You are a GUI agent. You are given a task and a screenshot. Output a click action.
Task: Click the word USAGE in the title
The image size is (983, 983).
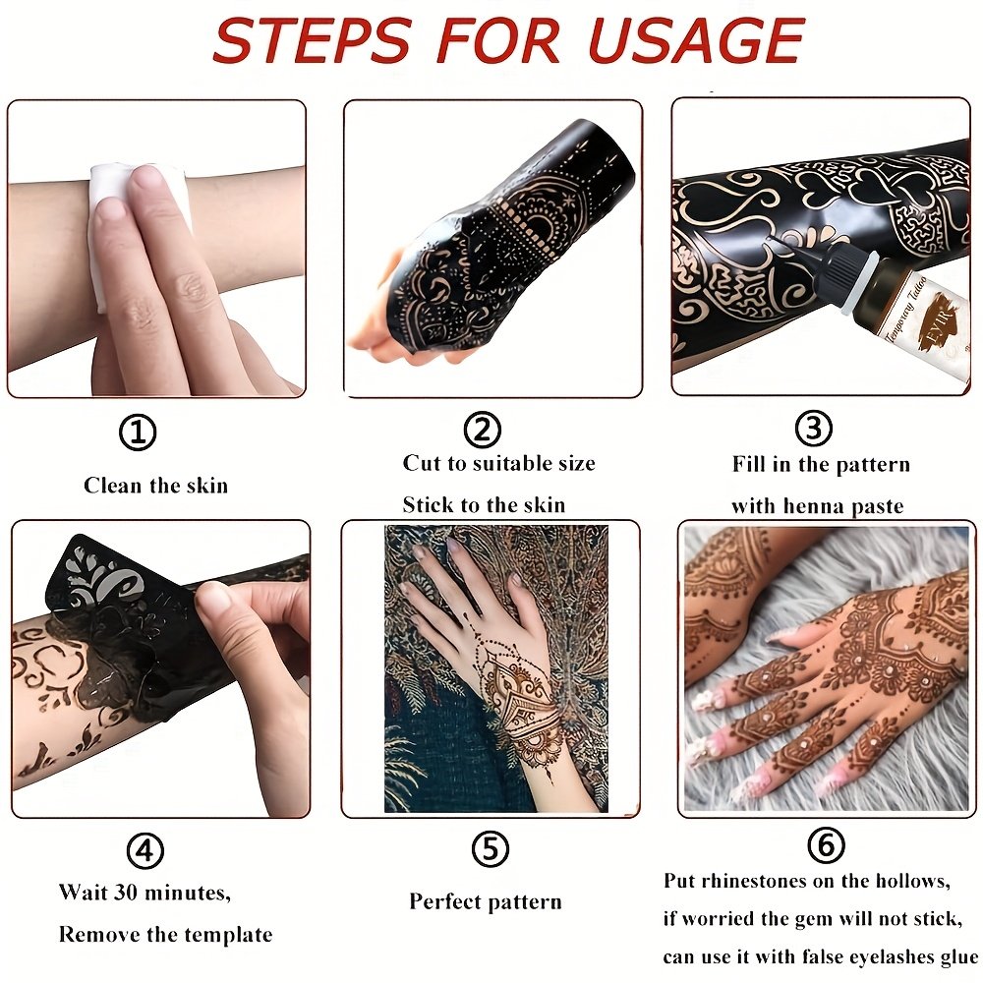[x=697, y=41]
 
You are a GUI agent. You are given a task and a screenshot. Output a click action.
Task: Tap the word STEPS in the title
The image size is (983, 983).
[x=312, y=41]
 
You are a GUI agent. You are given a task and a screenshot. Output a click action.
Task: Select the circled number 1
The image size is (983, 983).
[x=138, y=432]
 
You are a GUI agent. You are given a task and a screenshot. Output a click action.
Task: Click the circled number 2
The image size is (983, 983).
[x=482, y=430]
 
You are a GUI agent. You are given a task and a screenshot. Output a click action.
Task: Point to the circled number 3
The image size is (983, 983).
[x=813, y=429]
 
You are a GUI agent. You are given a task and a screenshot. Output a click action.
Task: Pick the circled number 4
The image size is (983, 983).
[x=145, y=850]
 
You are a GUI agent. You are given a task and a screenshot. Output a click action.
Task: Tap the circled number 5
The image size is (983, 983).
[x=491, y=849]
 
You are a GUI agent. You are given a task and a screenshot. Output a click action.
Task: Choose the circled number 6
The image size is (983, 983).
[x=826, y=844]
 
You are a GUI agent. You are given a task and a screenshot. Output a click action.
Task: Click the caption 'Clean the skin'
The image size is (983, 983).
[x=155, y=486]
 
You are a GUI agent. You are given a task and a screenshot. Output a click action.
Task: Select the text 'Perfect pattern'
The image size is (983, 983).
[x=486, y=901]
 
